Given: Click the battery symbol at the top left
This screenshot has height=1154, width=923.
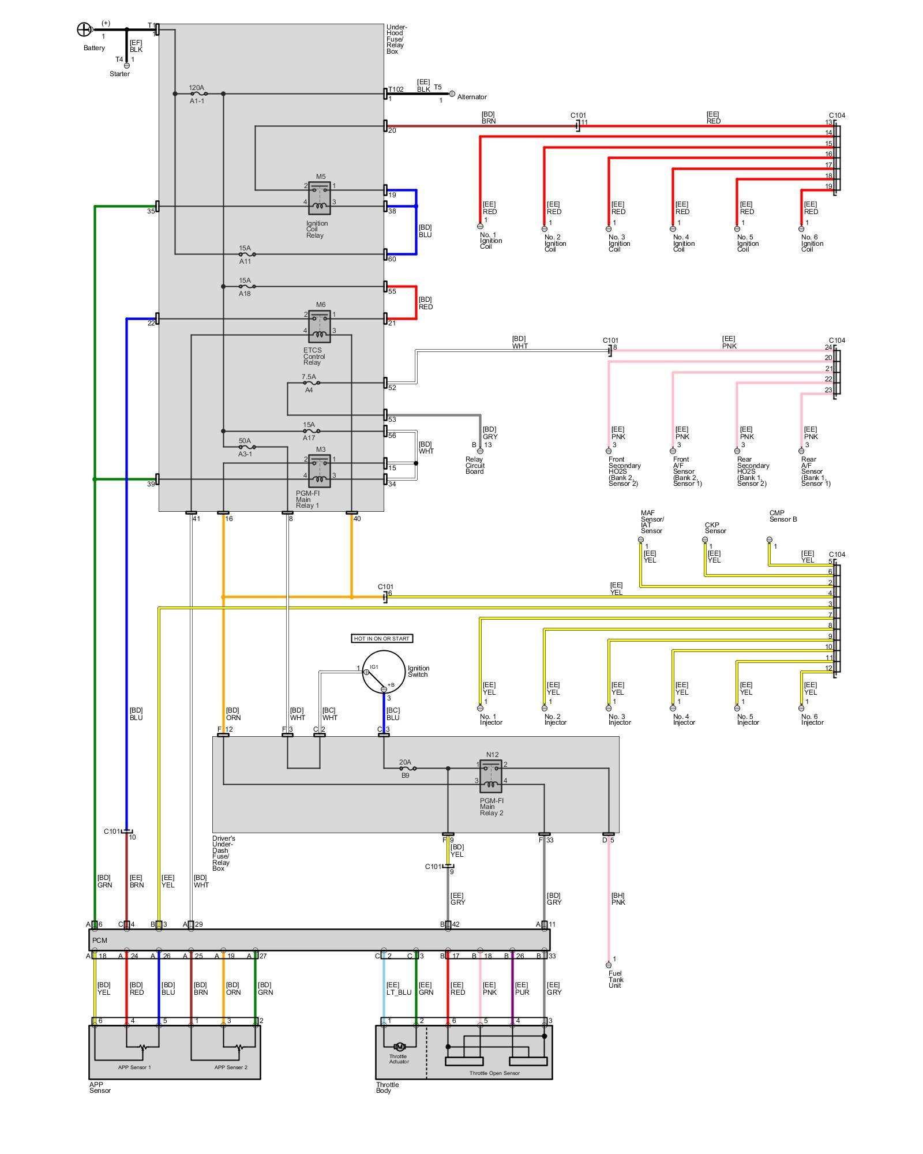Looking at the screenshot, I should point(84,29).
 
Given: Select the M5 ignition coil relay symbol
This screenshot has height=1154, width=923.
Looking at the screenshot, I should point(320,198).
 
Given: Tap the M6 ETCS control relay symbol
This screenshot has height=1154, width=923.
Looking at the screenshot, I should point(320,326).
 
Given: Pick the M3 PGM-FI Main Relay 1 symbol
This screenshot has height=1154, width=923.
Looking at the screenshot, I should point(320,471).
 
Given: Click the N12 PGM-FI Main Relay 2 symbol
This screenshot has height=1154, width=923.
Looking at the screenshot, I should point(491,776).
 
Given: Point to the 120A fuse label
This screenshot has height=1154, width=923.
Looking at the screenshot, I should point(196,88).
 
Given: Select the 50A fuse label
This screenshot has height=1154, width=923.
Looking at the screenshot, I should point(245,441).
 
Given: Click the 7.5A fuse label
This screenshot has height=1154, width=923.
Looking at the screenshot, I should point(309,377).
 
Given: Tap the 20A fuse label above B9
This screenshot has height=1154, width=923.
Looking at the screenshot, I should point(405,762).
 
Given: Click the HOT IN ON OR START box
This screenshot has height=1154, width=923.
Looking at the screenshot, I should point(382,638).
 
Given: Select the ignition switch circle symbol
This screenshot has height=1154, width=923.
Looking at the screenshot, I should point(384,672).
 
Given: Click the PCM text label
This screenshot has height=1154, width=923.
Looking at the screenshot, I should point(99,941).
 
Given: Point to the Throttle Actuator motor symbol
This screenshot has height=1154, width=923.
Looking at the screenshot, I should point(399,1047).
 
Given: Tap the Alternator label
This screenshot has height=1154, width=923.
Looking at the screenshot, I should point(472,97).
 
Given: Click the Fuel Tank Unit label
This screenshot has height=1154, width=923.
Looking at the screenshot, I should point(616,979).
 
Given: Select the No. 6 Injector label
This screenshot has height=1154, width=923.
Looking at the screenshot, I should point(812,720).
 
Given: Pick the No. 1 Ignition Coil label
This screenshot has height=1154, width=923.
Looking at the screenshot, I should point(491,241).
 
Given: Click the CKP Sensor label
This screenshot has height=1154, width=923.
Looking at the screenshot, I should point(715,528).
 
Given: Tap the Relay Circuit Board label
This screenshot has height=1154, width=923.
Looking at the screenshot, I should point(475,466).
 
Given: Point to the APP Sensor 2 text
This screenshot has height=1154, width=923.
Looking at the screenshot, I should point(231,1067).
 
